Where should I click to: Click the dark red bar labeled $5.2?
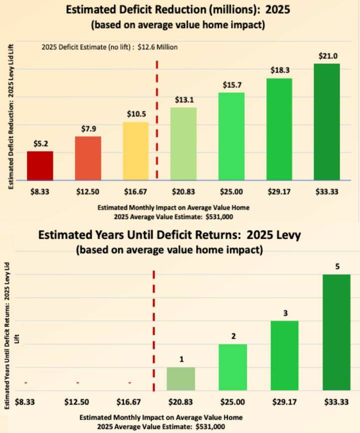40,166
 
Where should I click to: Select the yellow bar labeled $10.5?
136,151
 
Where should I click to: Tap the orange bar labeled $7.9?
88,158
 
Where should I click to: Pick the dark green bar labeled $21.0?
327,122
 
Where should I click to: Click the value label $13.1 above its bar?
183,100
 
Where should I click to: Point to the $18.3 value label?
279,71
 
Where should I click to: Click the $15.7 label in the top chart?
231,85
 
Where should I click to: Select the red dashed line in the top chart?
157,120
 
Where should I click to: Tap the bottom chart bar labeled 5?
337,332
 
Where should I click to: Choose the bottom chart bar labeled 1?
180,379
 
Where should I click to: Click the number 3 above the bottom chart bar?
285,313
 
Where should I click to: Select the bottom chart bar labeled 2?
233,367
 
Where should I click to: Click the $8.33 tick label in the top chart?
40,191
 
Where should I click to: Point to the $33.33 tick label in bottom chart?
337,401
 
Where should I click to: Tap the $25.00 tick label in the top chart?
231,191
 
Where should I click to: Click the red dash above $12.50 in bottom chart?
78,383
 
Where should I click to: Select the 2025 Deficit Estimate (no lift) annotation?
109,47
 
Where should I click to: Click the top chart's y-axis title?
10,116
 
